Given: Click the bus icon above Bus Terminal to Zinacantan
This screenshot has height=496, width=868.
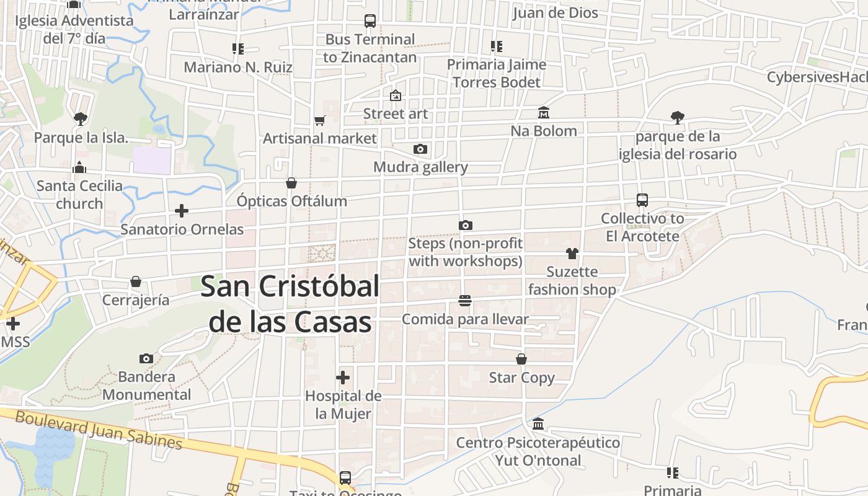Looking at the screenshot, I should click(x=370, y=21).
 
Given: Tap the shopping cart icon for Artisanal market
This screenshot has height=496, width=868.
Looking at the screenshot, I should click(x=319, y=120).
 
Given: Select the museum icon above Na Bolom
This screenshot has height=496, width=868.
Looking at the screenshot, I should click(x=544, y=113).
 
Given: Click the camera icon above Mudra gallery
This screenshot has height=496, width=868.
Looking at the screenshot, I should click(x=420, y=149).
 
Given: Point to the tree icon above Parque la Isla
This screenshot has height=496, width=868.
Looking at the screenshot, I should click(x=80, y=118).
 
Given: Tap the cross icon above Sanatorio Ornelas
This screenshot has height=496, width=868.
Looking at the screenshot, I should click(x=182, y=211).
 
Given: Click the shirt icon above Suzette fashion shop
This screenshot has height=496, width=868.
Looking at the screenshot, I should click(x=572, y=253).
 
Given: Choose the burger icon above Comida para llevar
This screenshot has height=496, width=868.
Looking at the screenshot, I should click(x=465, y=301).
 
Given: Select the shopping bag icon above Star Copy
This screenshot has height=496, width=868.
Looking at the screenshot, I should click(x=521, y=359).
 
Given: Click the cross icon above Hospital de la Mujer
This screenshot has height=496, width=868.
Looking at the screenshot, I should click(x=343, y=377).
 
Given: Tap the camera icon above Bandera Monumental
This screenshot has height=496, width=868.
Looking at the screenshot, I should click(x=146, y=358).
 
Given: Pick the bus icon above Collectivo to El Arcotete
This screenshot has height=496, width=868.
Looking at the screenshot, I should click(x=642, y=200).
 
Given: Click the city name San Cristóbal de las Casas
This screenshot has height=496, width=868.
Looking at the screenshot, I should click(x=290, y=304).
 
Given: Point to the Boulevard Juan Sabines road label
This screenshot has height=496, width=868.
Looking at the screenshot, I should click(x=99, y=430).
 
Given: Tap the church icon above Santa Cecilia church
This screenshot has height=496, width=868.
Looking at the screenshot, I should click(x=79, y=167).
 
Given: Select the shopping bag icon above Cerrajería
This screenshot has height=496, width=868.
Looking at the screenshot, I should click(x=136, y=282).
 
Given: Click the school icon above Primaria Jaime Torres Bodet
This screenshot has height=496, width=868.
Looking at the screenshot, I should click(x=496, y=46).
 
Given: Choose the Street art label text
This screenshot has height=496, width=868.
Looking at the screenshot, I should click(x=396, y=113).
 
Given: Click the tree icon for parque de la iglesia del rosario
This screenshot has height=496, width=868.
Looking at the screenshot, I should click(x=678, y=117).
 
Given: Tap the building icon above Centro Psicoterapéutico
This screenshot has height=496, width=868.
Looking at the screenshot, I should click(x=538, y=424).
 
